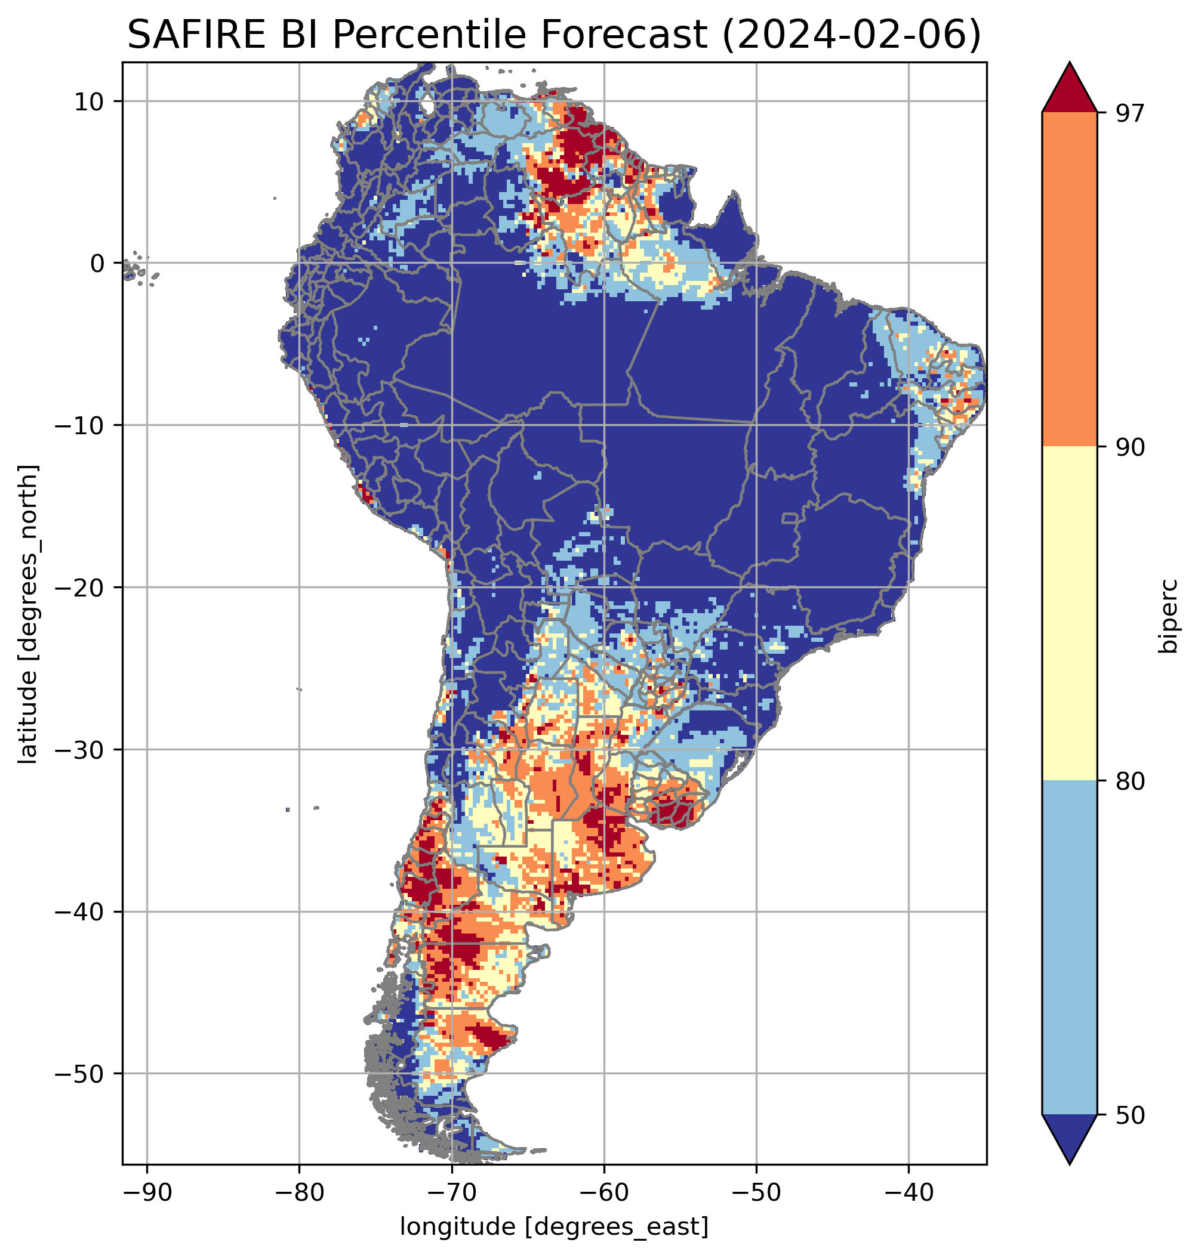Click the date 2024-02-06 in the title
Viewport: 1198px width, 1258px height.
[851, 35]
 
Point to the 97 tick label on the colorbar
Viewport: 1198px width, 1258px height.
[1130, 113]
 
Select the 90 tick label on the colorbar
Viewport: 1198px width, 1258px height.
[1130, 447]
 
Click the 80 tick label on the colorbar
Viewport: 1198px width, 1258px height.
[1130, 781]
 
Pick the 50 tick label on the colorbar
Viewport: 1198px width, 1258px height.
[1130, 1115]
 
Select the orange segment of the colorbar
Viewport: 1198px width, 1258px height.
[1069, 280]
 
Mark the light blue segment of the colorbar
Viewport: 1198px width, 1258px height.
[1069, 948]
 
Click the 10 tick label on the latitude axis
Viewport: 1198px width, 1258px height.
[90, 101]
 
